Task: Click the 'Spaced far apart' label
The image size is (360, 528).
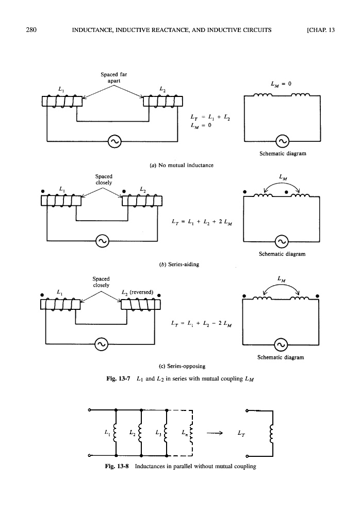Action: (x=114, y=77)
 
